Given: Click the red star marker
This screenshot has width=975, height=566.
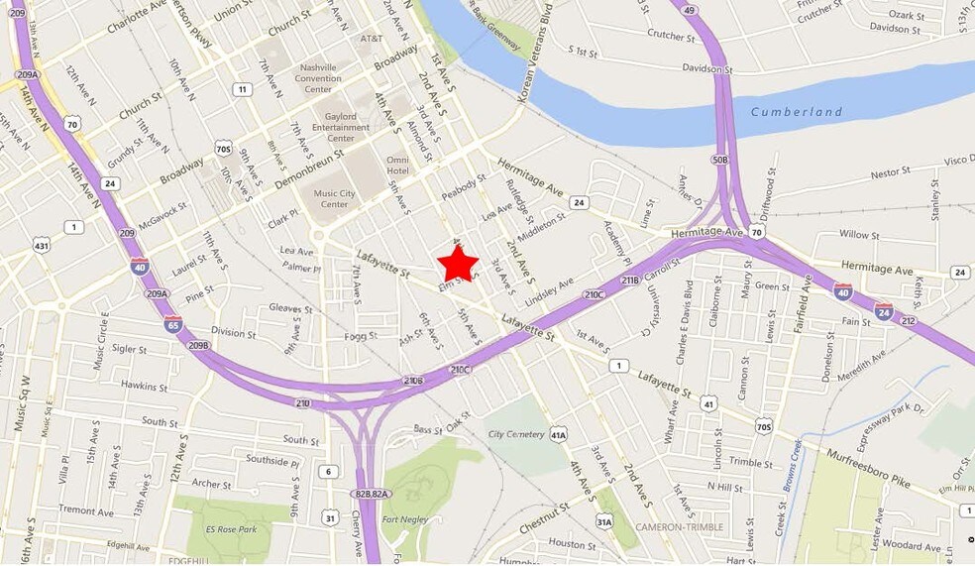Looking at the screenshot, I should click(x=458, y=264).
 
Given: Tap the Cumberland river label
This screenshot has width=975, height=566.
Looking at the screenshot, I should click(x=796, y=112).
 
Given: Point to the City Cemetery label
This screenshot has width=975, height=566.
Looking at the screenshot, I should click(x=515, y=434).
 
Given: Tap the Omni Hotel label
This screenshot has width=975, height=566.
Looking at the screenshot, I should click(x=397, y=166).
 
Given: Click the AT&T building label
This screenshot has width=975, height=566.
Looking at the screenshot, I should click(x=371, y=39).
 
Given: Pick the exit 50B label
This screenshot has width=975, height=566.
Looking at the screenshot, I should click(x=718, y=159).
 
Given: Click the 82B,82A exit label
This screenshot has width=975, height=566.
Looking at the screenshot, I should click(x=370, y=493).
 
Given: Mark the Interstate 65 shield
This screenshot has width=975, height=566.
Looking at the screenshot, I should click(x=172, y=323).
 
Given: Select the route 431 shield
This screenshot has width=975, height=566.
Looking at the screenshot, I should click(x=41, y=244).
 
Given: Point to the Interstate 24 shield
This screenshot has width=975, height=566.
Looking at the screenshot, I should click(x=883, y=311).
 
